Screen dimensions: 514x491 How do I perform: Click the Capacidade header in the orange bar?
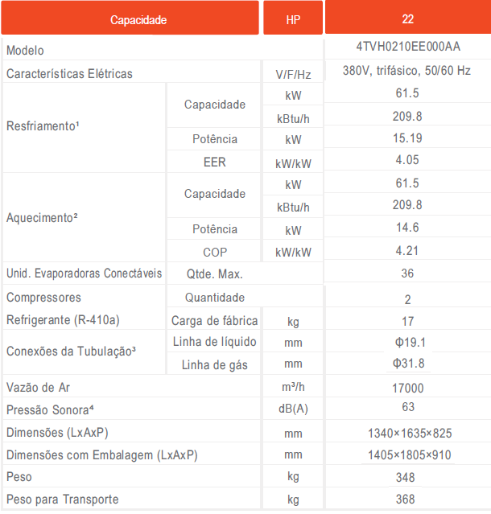click(138, 19)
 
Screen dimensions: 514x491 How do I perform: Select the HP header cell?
click(293, 19)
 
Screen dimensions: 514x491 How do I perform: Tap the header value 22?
click(407, 19)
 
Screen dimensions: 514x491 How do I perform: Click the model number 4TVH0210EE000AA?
click(407, 47)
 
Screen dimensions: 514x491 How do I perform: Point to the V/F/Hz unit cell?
click(293, 74)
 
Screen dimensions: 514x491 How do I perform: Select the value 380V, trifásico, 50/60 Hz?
click(407, 71)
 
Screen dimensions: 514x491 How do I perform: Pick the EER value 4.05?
click(407, 160)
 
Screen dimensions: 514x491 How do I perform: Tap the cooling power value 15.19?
click(407, 138)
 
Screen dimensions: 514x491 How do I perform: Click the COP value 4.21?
click(407, 251)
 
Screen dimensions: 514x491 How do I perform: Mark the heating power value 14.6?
click(407, 228)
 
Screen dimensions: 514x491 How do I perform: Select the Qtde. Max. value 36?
click(407, 273)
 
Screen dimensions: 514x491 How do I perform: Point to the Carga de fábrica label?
click(214, 321)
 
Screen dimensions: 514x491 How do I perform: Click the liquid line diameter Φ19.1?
click(407, 343)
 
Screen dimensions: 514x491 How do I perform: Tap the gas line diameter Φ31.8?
click(407, 364)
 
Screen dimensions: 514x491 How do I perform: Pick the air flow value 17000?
click(407, 388)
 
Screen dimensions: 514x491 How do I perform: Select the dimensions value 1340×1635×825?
click(407, 433)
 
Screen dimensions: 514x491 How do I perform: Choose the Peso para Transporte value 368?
click(407, 500)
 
